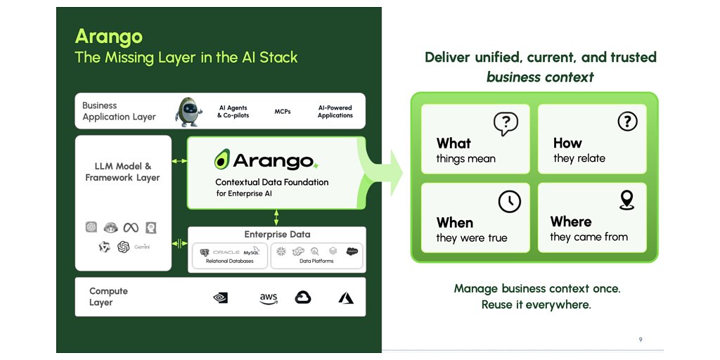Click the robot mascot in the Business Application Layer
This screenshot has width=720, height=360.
click(x=188, y=111)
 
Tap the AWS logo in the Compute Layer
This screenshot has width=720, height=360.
click(x=269, y=298)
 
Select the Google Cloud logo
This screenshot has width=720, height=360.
click(x=303, y=297)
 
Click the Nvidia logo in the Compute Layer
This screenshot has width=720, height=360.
click(x=220, y=298)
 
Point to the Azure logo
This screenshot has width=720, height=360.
click(x=346, y=298)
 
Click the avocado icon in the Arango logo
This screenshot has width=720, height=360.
click(x=222, y=160)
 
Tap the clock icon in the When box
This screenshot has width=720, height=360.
click(x=510, y=201)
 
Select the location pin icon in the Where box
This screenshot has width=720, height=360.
click(x=626, y=200)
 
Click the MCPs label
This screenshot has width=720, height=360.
click(x=283, y=111)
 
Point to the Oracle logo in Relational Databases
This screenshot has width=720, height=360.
click(x=226, y=252)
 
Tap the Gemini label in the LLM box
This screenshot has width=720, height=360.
click(x=142, y=247)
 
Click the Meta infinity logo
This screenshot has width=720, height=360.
click(x=131, y=227)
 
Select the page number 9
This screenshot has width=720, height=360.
click(x=641, y=340)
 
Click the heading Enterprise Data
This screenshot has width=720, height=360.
click(x=277, y=234)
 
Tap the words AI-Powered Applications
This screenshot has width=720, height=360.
click(x=335, y=111)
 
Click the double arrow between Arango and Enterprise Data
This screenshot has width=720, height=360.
click(x=277, y=217)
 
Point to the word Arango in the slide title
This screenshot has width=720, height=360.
click(x=109, y=37)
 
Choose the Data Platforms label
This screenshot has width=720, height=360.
click(x=316, y=261)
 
